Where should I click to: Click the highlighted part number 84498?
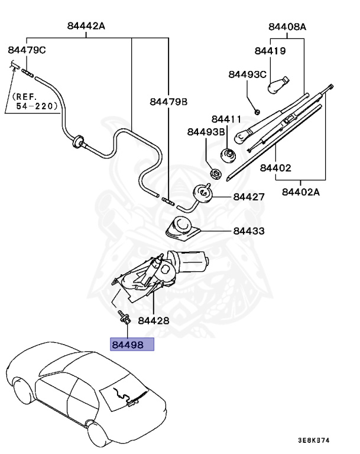[128, 345]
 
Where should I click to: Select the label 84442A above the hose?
[86, 26]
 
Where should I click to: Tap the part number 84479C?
[27, 50]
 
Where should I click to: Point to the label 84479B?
[168, 102]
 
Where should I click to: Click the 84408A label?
[287, 27]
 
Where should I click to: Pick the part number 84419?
[270, 51]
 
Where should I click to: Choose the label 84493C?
[247, 74]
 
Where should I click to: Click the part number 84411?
[226, 119]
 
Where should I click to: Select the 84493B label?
[206, 132]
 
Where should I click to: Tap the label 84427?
[249, 197]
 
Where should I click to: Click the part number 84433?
[249, 231]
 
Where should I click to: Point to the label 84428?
[154, 320]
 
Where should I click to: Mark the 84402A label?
[301, 192]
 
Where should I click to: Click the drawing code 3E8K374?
[314, 440]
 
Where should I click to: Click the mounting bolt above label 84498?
[124, 317]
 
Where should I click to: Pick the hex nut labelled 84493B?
[216, 173]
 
